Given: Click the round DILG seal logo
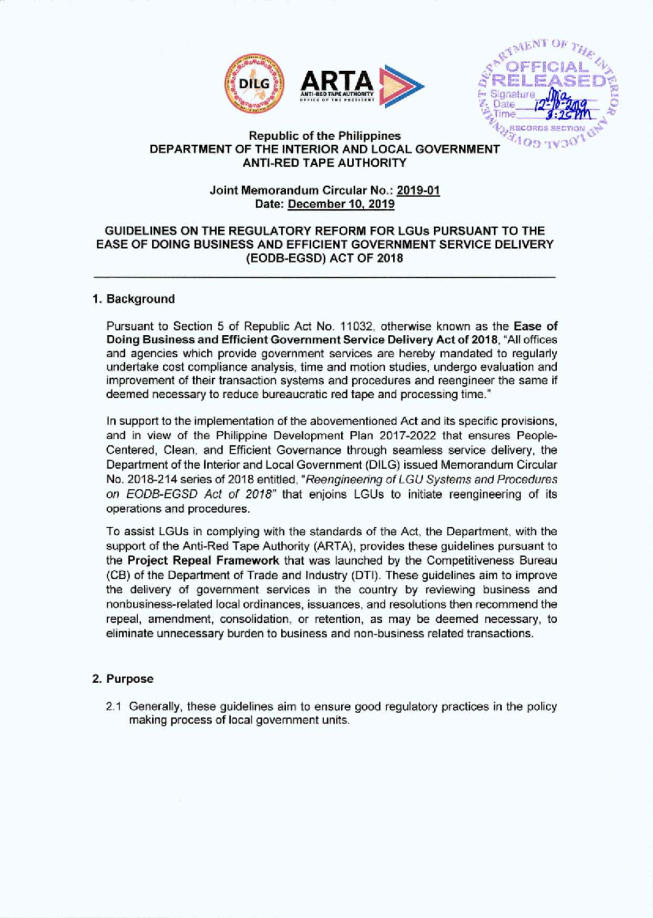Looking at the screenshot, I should click(255, 84).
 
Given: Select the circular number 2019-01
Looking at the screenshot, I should click(418, 191).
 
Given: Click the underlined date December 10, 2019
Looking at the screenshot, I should click(341, 204).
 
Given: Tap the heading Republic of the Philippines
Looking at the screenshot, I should click(325, 136).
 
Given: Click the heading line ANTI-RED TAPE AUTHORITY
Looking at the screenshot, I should click(325, 163).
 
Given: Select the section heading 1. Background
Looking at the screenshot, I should click(134, 299).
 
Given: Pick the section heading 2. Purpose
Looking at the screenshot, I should click(123, 679).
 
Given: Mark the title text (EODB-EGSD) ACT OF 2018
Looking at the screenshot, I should click(325, 259).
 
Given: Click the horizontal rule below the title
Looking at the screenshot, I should click(325, 278).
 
